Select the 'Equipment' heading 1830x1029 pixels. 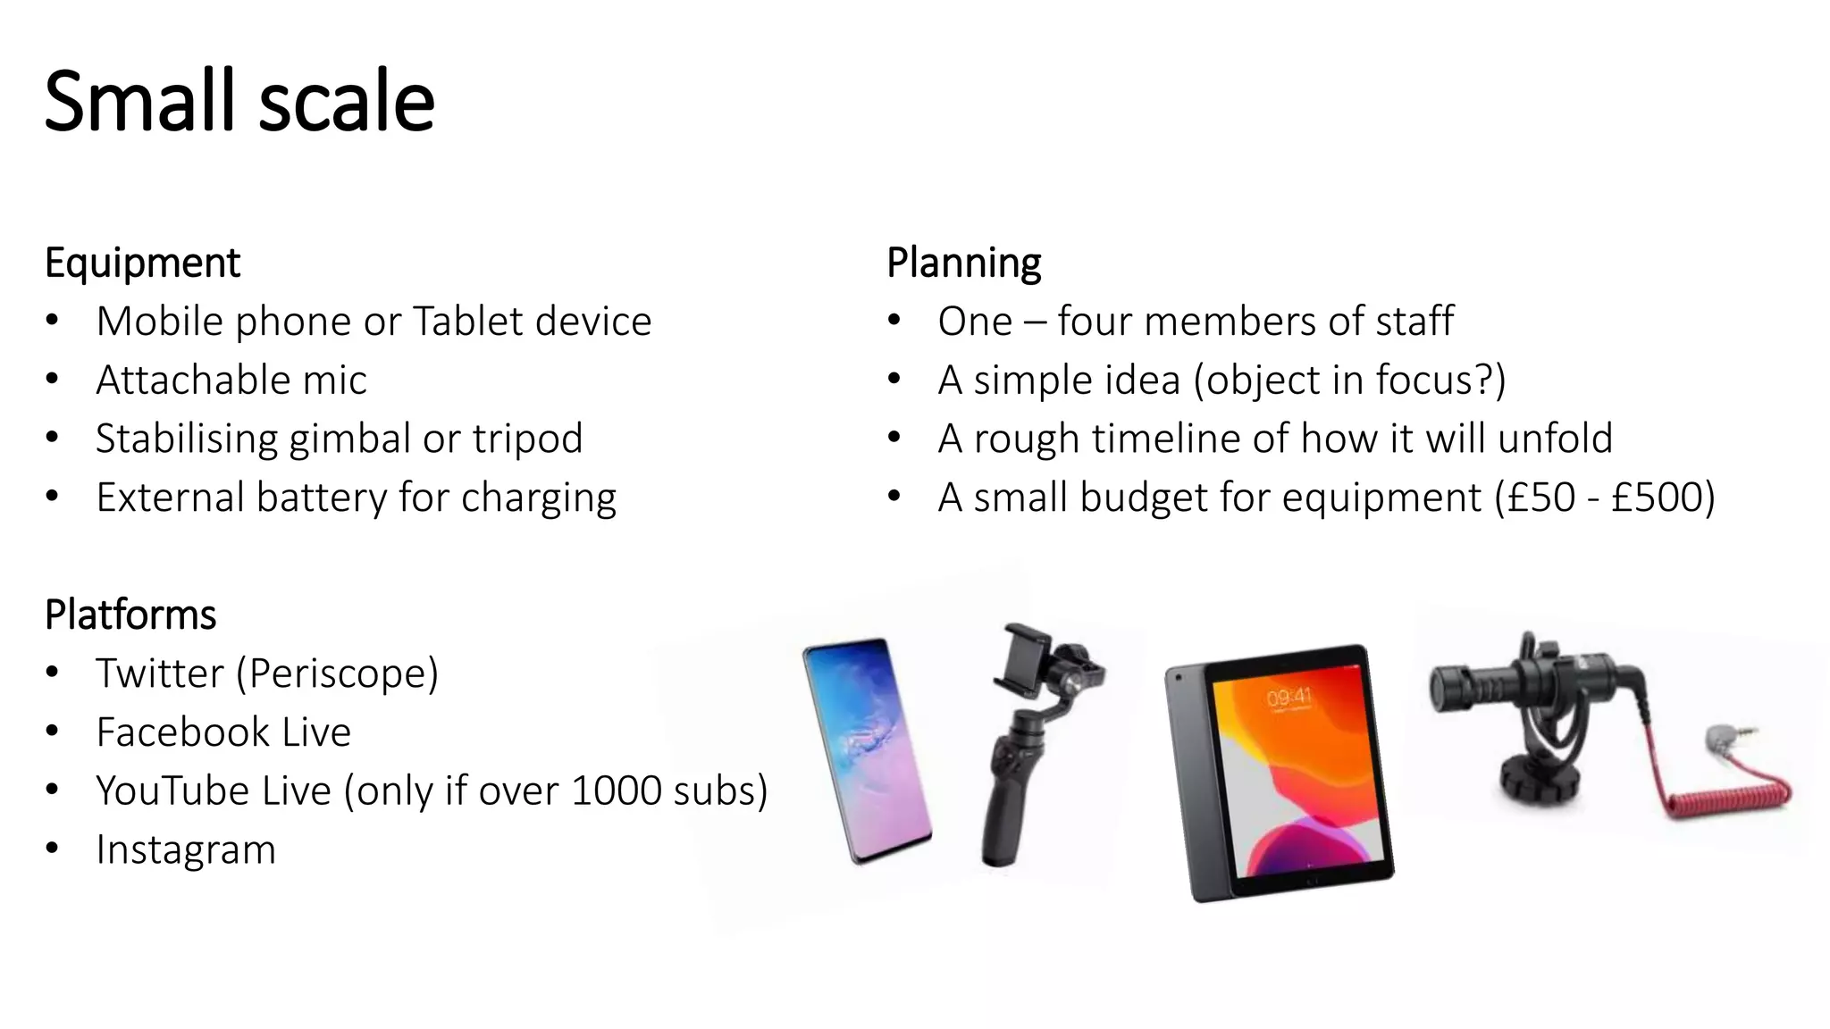coord(142,263)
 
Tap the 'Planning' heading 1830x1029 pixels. coord(963,263)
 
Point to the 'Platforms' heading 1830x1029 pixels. coord(130,615)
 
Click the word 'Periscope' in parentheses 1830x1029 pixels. coord(337,673)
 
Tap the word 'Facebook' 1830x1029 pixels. coord(183,732)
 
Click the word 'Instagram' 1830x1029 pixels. coord(186,849)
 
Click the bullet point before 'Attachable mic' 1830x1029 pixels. coord(53,381)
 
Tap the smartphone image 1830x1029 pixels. coord(867,750)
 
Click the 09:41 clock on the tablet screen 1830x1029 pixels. coord(1289,697)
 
